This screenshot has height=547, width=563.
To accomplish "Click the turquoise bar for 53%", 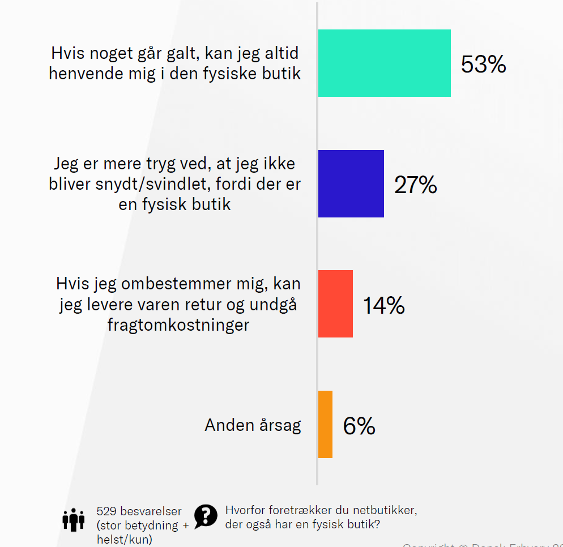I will coord(384,63).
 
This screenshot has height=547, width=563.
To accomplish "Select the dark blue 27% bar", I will coord(351,183).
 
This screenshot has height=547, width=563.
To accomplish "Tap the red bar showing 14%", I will coord(335,304).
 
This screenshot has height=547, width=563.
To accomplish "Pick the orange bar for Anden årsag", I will coord(325,424).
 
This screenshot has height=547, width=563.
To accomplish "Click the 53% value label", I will coord(483,65).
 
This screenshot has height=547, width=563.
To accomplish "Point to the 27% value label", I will coord(416,185).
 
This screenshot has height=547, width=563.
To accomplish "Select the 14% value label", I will coord(383,306).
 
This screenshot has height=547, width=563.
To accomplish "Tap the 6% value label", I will coord(359,426).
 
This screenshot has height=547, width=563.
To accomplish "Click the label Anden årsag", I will coord(253,425).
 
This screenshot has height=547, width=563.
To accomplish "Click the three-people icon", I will coord(74,519).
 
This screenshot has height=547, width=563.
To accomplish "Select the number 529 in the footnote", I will coord(107,512).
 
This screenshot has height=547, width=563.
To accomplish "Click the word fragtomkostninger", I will coord(178,325).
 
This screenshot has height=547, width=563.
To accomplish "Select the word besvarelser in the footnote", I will coord(151,512).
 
